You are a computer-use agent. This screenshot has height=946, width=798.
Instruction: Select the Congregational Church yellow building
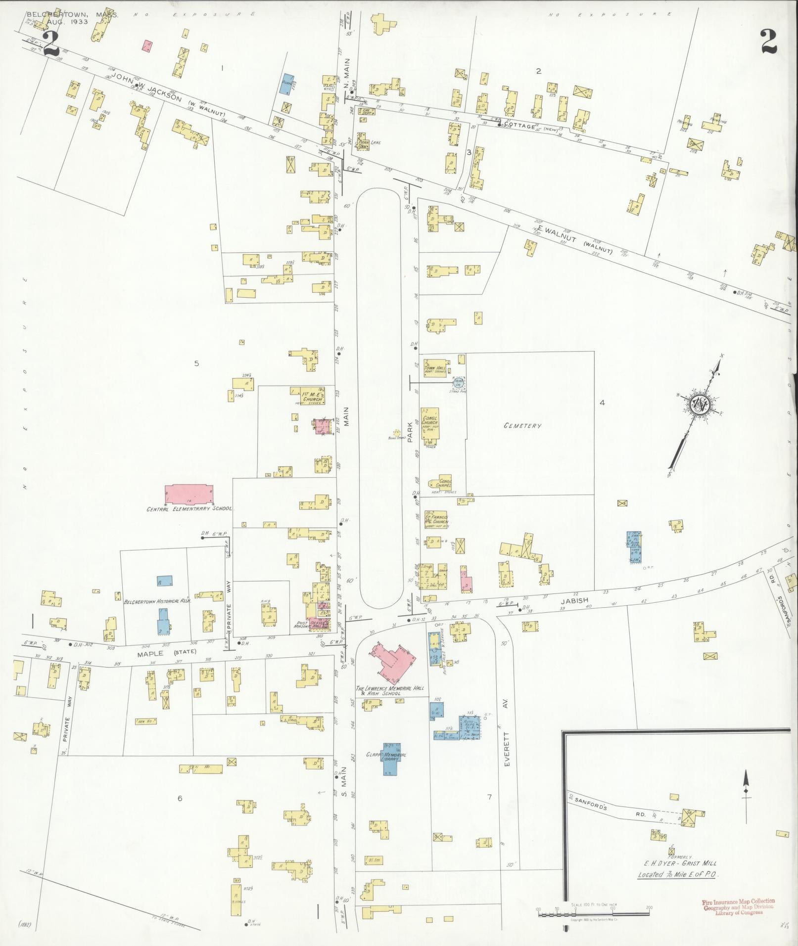coord(430,424)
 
